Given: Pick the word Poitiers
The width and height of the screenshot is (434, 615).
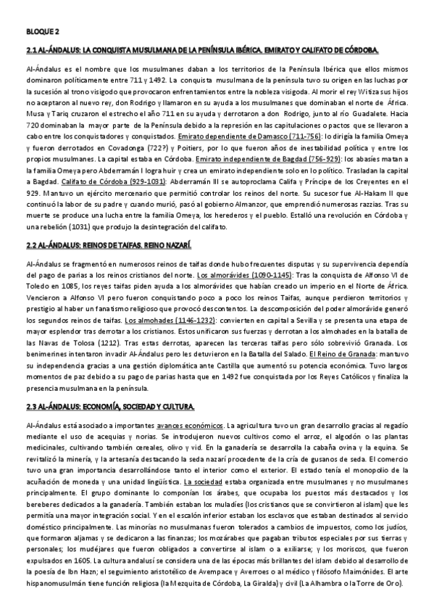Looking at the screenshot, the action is tap(187, 146).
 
